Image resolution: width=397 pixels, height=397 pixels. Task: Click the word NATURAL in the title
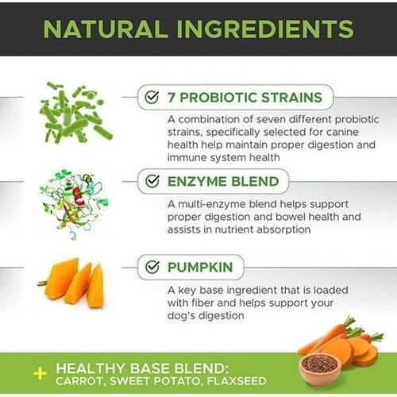click(x=106, y=29)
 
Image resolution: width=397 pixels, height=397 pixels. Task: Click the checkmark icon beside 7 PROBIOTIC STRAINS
click(x=152, y=97)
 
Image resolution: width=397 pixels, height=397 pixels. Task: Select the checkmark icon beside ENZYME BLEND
click(x=152, y=181)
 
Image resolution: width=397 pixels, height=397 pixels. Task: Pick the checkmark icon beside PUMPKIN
click(x=152, y=267)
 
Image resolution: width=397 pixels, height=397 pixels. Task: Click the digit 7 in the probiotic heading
click(x=172, y=98)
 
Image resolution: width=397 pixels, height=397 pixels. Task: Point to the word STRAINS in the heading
click(x=291, y=98)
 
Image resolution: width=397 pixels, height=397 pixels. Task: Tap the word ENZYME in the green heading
click(x=197, y=182)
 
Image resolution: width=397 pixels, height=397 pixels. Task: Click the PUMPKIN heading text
click(x=200, y=267)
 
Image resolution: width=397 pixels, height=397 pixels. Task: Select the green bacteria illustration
click(x=76, y=113)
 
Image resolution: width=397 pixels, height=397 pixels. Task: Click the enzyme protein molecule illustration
click(x=75, y=204)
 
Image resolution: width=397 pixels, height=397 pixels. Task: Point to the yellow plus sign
click(x=40, y=374)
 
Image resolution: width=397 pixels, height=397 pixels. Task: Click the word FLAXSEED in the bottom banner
click(x=237, y=381)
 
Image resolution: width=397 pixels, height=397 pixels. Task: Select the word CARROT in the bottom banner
click(x=79, y=381)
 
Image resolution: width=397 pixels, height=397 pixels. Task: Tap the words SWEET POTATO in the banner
click(x=156, y=381)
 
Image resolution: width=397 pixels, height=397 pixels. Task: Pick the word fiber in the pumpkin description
click(x=202, y=303)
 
